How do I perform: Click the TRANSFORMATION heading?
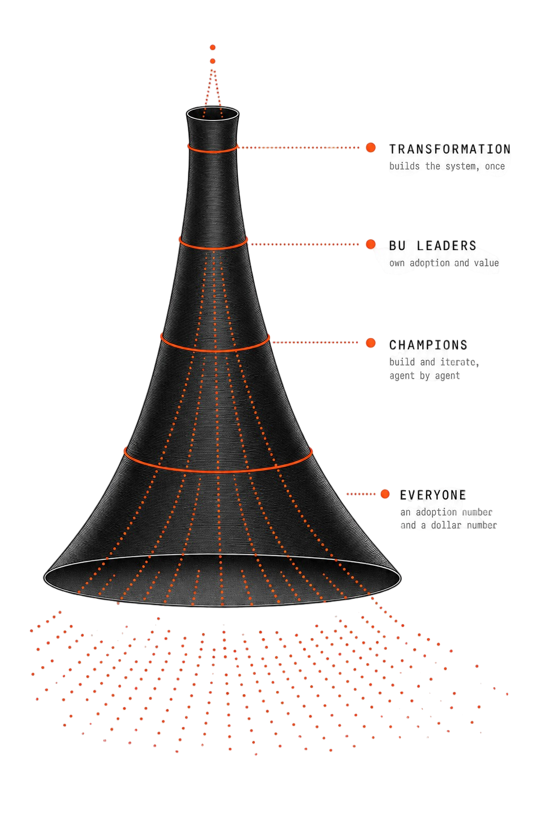click(x=449, y=149)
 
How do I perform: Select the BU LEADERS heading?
click(x=432, y=245)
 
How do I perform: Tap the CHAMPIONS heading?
click(x=428, y=345)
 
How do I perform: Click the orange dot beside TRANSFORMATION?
click(x=371, y=148)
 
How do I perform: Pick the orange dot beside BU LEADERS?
click(x=371, y=244)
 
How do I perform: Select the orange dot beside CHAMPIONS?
click(x=371, y=343)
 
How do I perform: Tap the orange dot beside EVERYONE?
click(x=385, y=494)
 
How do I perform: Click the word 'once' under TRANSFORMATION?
click(x=495, y=166)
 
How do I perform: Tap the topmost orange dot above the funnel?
click(x=212, y=47)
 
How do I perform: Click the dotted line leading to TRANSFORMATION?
click(x=298, y=148)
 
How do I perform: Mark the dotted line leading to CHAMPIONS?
click(x=315, y=343)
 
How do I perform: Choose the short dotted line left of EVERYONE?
click(x=361, y=494)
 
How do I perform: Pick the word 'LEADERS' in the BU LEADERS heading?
click(x=446, y=245)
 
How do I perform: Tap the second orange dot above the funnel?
click(x=212, y=61)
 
